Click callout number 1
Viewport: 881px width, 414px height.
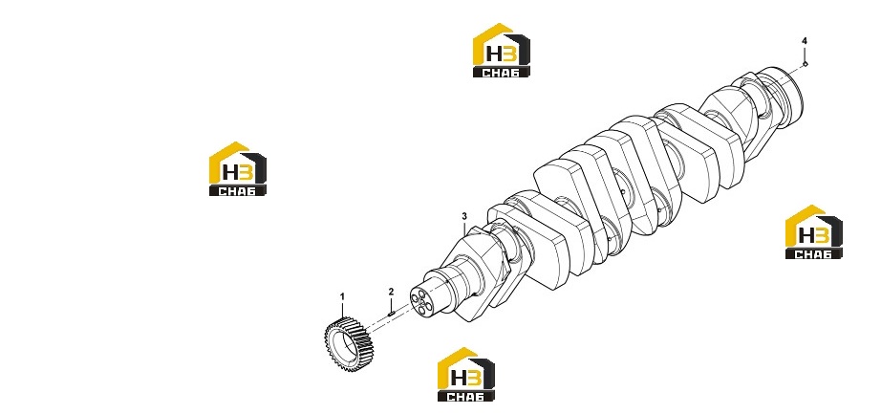(342, 296)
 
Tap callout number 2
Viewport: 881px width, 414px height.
(392, 292)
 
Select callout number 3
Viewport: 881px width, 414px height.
(464, 216)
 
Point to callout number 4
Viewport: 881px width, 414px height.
(804, 41)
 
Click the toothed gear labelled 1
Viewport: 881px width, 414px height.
(346, 337)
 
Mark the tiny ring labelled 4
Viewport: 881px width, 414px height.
(805, 64)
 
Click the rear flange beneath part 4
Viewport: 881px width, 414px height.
(784, 97)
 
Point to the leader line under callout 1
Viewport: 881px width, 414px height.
(342, 309)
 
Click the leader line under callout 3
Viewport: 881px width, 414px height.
(464, 228)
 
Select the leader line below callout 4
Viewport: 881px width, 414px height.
(805, 54)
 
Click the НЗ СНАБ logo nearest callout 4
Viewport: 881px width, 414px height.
(813, 231)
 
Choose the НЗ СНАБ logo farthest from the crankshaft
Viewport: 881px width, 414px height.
(238, 168)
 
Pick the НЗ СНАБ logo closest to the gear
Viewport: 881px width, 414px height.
(466, 375)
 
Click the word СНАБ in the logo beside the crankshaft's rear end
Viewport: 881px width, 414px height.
(813, 253)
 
